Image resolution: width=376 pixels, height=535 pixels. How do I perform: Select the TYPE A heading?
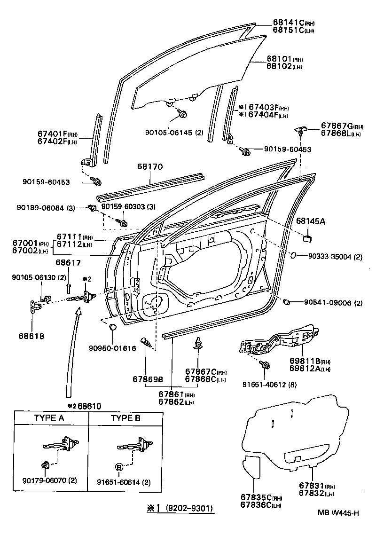click(x=49, y=418)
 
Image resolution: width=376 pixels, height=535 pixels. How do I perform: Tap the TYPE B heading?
click(x=125, y=418)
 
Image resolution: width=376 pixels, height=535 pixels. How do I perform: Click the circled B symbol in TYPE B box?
click(x=119, y=467)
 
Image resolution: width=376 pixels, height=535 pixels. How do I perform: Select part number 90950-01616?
click(x=112, y=348)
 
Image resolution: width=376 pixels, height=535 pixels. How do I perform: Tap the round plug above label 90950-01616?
click(x=113, y=327)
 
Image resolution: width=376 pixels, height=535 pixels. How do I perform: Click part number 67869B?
click(x=147, y=379)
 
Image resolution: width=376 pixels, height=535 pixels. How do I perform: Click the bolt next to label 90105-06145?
click(x=183, y=114)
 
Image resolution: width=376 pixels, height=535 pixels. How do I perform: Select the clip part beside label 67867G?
click(x=303, y=128)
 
